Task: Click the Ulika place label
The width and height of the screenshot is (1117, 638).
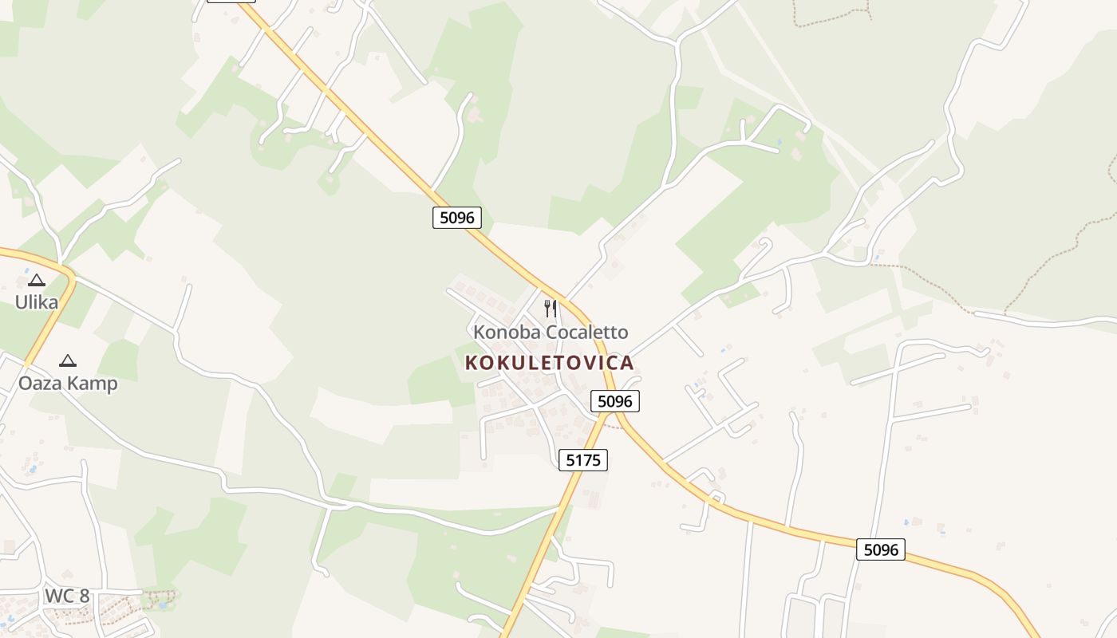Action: [37, 302]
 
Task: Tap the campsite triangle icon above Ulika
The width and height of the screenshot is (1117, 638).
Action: [37, 281]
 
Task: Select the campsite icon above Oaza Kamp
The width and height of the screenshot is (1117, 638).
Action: [68, 361]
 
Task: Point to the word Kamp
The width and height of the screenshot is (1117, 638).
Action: [92, 384]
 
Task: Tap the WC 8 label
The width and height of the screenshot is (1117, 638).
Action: [67, 596]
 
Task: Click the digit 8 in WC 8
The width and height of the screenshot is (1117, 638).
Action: [85, 596]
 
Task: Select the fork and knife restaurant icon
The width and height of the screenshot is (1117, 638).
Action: [551, 309]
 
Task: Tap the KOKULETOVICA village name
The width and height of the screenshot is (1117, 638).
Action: [550, 363]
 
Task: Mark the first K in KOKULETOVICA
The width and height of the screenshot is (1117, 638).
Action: [471, 363]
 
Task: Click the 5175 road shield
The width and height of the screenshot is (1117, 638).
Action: [583, 459]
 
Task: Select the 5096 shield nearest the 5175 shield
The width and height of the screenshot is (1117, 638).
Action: [615, 400]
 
